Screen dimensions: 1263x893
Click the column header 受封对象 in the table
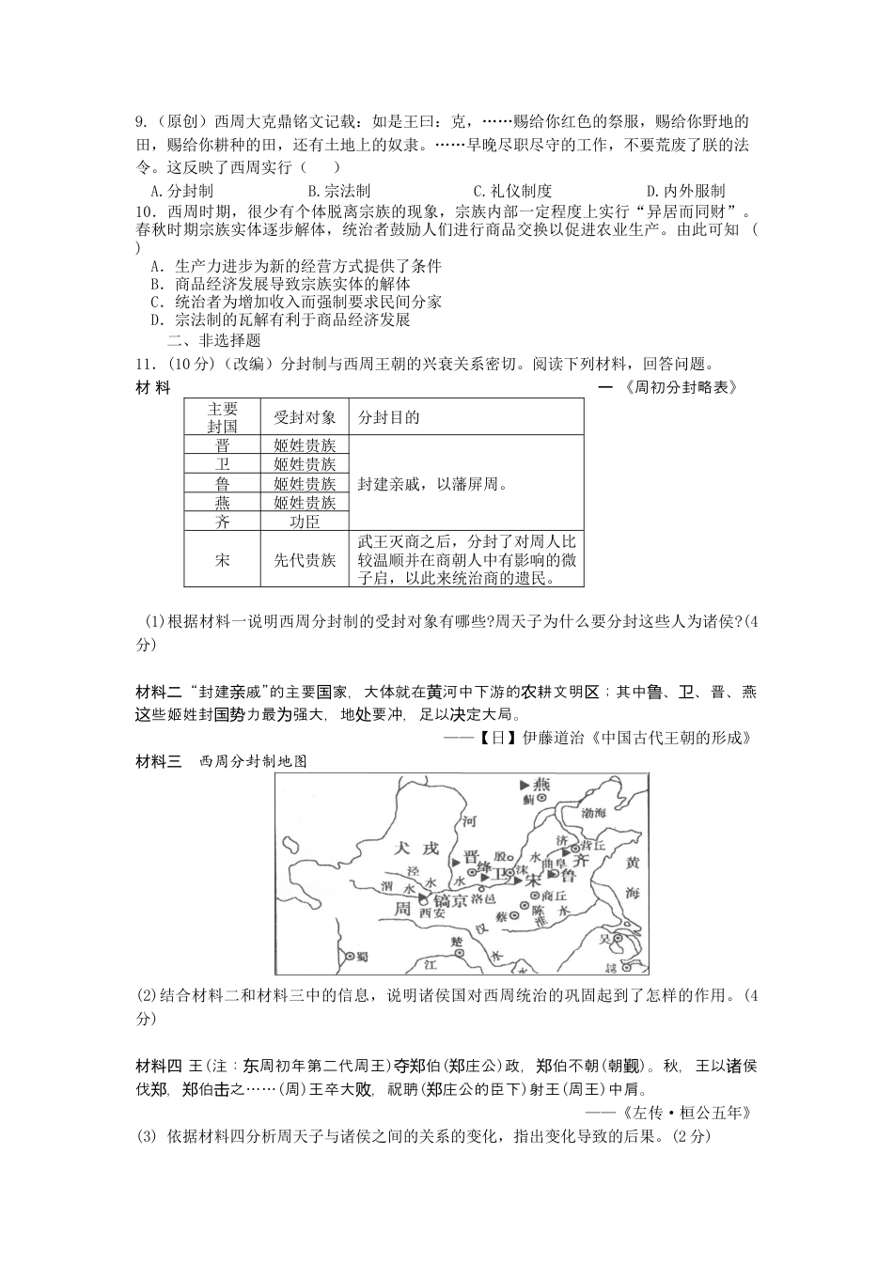pyautogui.click(x=304, y=418)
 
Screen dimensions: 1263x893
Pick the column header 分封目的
pyautogui.click(x=389, y=418)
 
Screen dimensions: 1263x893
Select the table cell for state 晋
pyautogui.click(x=222, y=446)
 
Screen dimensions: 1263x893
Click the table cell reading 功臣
pyautogui.click(x=304, y=522)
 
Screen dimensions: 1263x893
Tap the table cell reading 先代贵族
pyautogui.click(x=304, y=560)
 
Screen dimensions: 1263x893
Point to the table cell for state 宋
pyautogui.click(x=222, y=560)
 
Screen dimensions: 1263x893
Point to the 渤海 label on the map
pyautogui.click(x=594, y=812)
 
